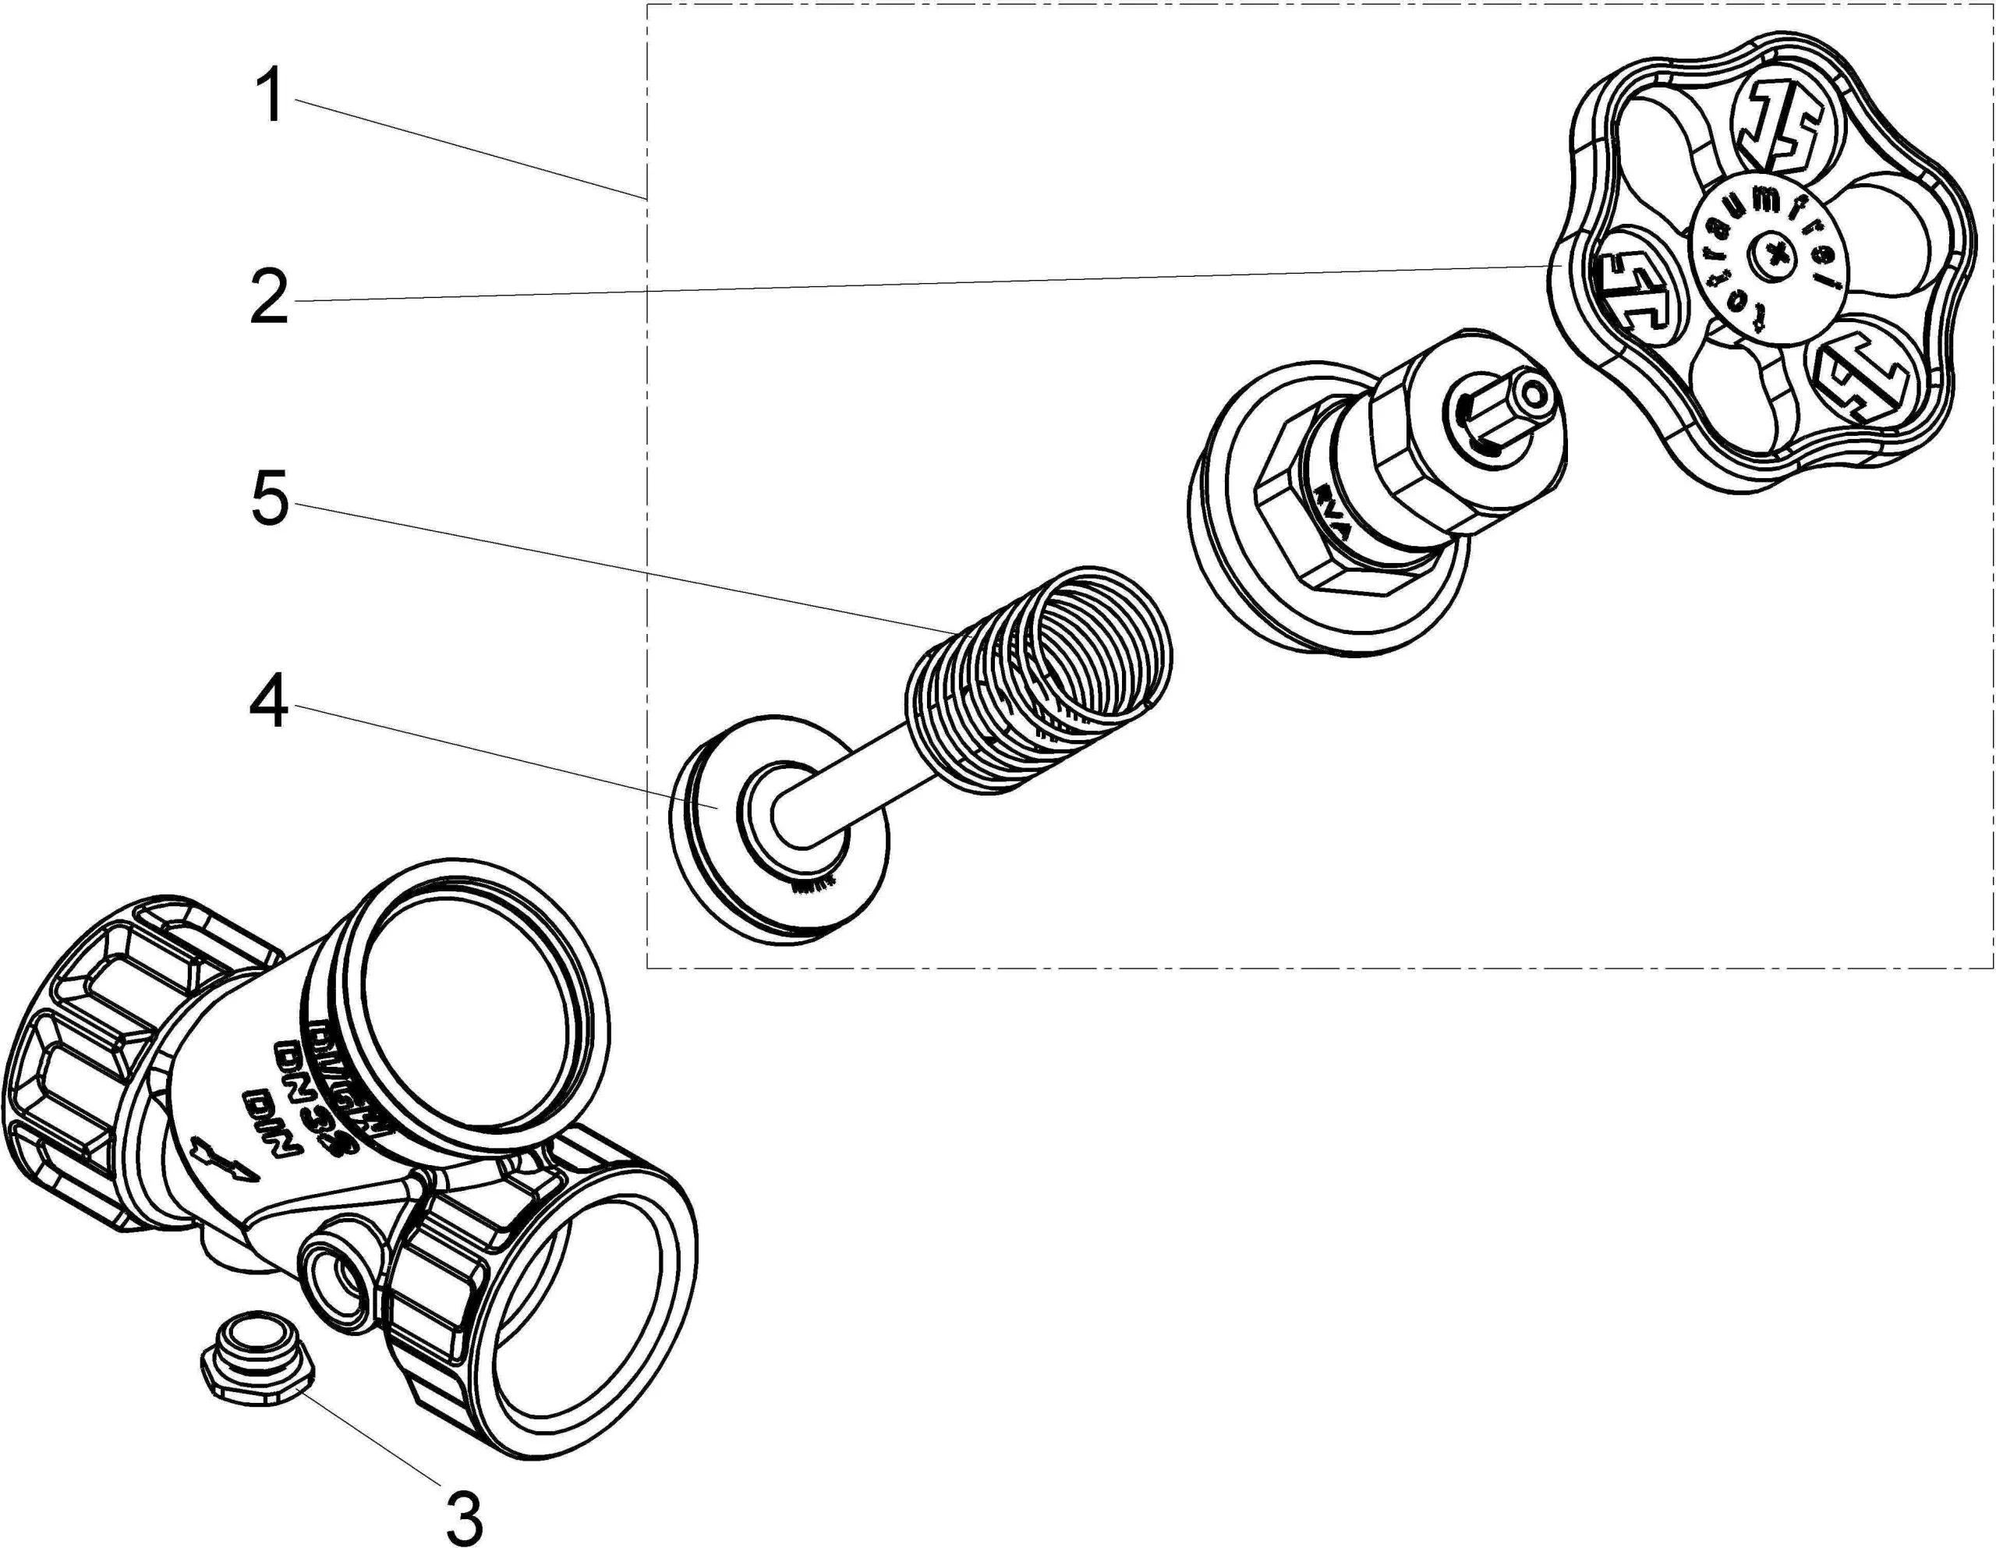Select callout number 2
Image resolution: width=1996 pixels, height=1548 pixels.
pyautogui.click(x=271, y=297)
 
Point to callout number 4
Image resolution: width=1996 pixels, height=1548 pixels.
pyautogui.click(x=271, y=702)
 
